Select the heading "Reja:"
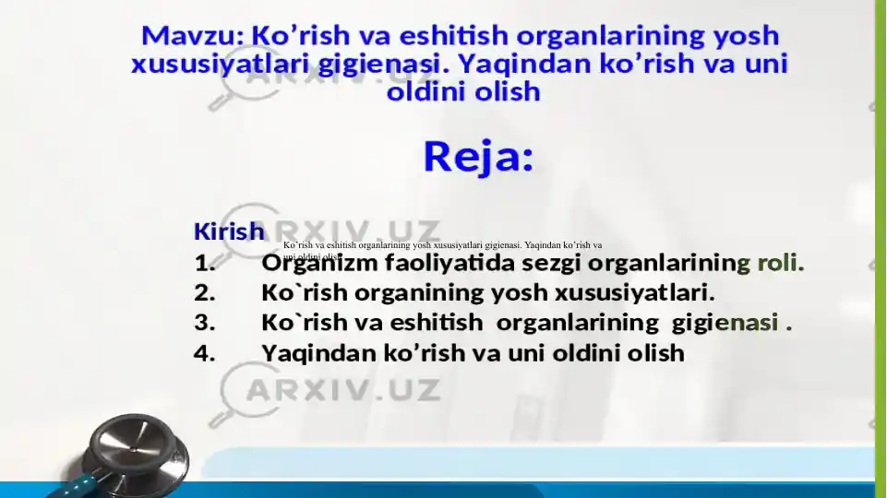coord(478,157)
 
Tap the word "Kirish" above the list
coord(229,231)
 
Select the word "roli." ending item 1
coord(780,265)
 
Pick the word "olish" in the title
coord(507,92)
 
